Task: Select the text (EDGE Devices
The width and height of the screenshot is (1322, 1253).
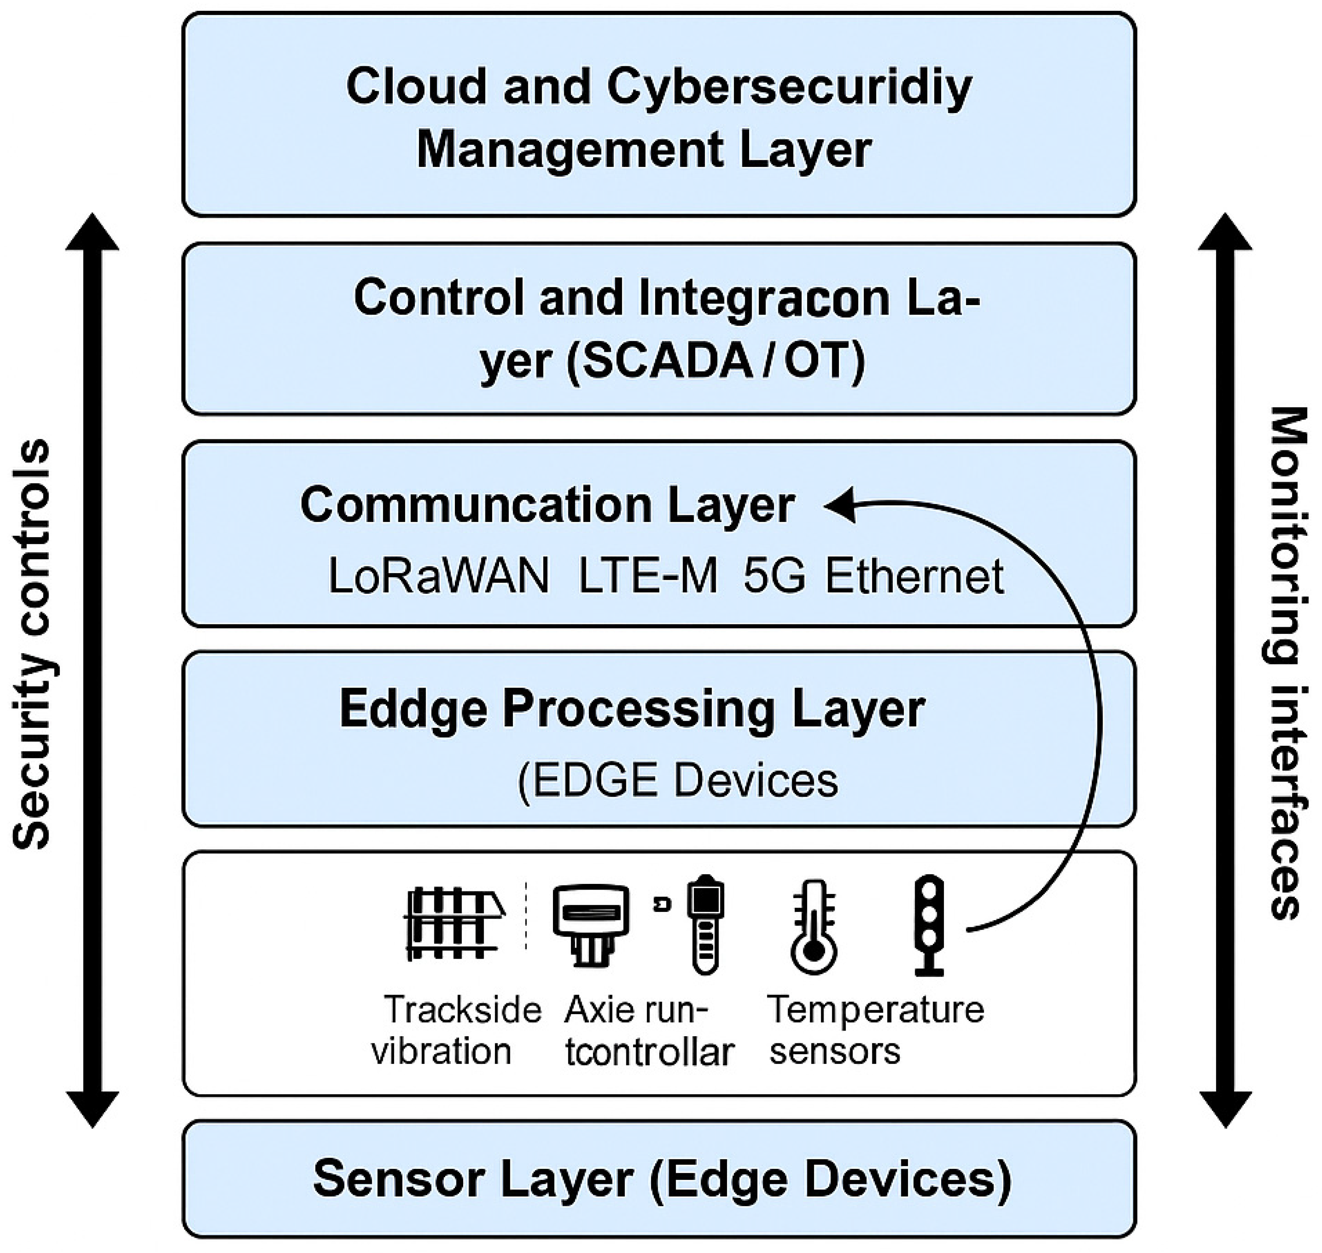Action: [677, 780]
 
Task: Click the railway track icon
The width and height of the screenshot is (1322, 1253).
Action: [454, 923]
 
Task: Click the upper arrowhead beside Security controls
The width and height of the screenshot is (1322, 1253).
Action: [92, 232]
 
